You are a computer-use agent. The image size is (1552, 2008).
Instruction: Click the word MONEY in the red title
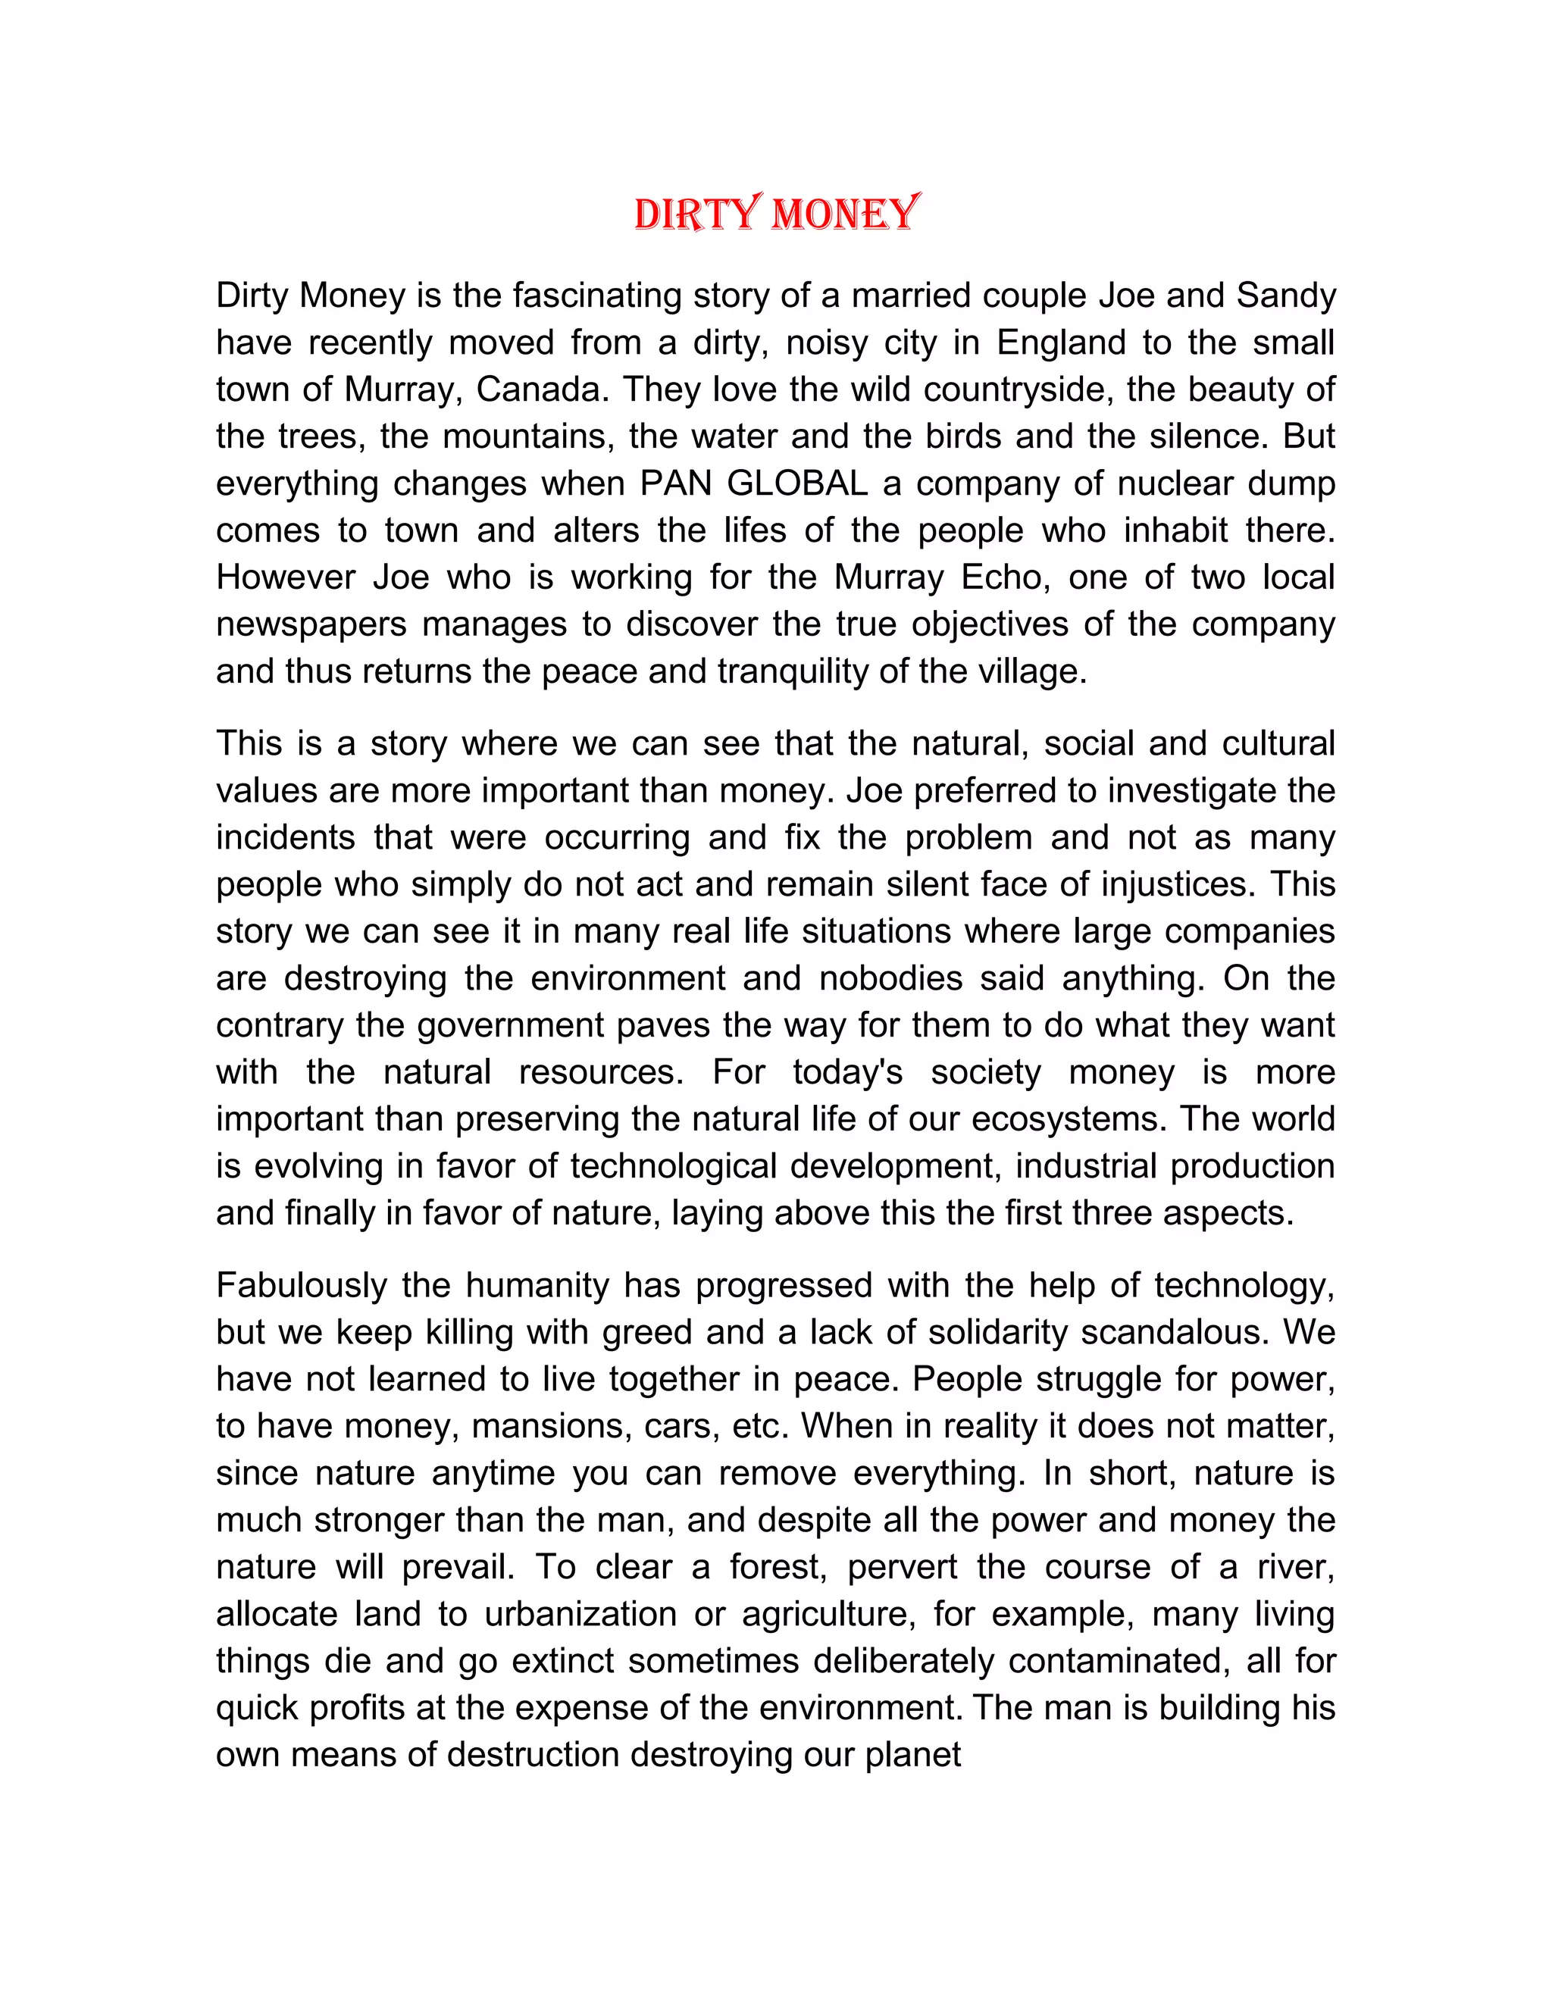pyautogui.click(x=845, y=214)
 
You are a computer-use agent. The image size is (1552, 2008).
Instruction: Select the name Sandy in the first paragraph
pyautogui.click(x=1285, y=296)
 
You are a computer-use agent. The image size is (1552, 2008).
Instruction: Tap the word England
pyautogui.click(x=1061, y=343)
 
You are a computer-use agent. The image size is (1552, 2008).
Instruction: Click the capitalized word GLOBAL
pyautogui.click(x=797, y=483)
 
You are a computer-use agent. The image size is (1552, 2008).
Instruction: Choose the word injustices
pyautogui.click(x=1178, y=884)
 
